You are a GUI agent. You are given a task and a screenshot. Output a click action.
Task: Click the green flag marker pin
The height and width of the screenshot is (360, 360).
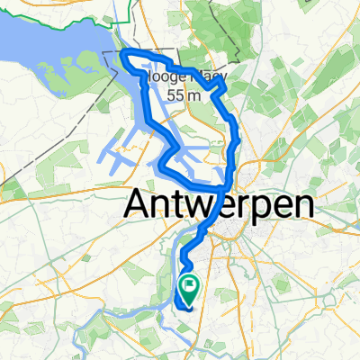(191, 290)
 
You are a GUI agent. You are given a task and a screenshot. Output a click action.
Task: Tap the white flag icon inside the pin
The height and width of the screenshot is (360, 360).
(191, 287)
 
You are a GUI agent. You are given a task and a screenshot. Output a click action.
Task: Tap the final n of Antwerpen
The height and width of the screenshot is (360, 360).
(303, 206)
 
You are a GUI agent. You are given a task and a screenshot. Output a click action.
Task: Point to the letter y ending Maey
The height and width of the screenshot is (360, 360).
(220, 80)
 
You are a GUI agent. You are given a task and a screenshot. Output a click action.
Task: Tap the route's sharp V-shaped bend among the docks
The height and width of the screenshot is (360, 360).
(159, 163)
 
